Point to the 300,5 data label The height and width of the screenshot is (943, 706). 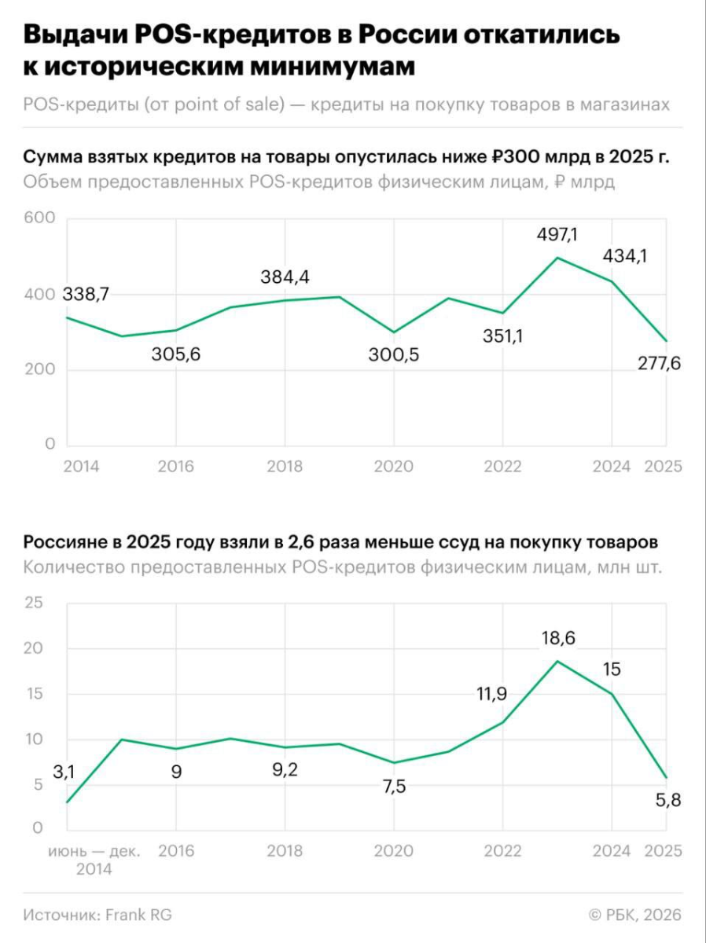pos(394,354)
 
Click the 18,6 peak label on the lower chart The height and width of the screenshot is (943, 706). pos(557,638)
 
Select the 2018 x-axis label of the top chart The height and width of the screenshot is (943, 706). pos(285,467)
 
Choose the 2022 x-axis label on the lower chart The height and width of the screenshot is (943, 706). pos(503,851)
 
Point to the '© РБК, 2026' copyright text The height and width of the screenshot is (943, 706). pos(635,915)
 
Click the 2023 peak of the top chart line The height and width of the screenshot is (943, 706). pos(557,258)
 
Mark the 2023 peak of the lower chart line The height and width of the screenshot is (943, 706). pos(557,661)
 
